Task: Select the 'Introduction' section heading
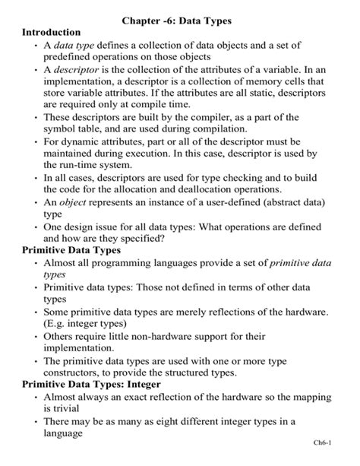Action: tap(51, 33)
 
